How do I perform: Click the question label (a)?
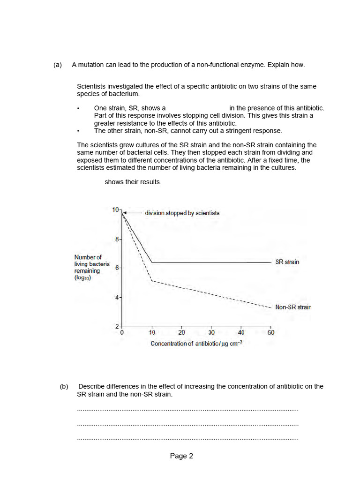[x=58, y=65]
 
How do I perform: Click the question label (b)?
[x=64, y=387]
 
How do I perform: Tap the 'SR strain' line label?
[x=287, y=262]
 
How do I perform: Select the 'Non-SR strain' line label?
[x=293, y=307]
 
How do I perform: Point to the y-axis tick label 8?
[x=117, y=239]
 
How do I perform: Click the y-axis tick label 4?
[x=117, y=297]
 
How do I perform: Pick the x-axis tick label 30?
[x=211, y=332]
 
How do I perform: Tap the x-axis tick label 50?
[x=271, y=332]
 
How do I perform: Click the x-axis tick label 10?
[x=152, y=332]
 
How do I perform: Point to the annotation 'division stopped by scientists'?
[x=182, y=213]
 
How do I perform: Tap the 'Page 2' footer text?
[x=181, y=456]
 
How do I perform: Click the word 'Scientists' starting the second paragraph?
[x=91, y=86]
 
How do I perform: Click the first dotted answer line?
[x=187, y=410]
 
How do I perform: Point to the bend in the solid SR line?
[x=152, y=262]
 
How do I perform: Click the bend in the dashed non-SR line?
[x=152, y=281]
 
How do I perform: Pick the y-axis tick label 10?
[x=116, y=210]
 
